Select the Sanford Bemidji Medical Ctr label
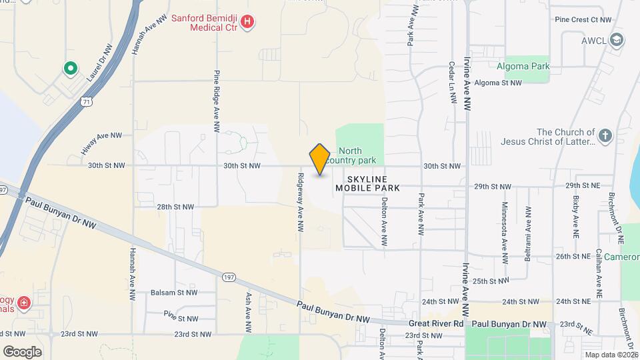205,23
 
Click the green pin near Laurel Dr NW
69,68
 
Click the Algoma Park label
523,66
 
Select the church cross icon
605,137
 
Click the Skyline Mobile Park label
367,184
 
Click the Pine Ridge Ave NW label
217,102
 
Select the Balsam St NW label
173,292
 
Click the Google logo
22,351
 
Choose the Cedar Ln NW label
452,83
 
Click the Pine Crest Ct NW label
583,20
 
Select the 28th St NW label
175,207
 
